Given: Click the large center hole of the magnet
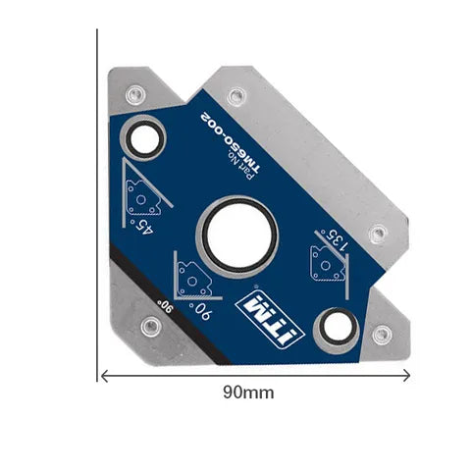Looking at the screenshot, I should point(237,235).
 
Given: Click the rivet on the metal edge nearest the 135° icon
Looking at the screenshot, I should point(376,234).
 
